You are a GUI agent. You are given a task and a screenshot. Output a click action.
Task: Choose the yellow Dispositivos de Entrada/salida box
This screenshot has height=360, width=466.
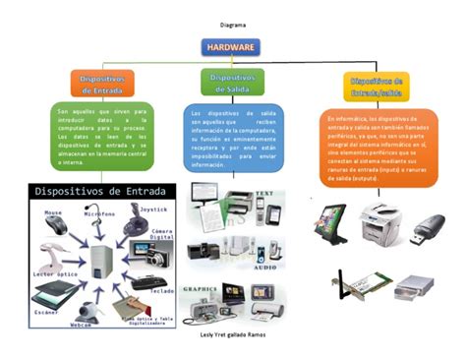coord(375,87)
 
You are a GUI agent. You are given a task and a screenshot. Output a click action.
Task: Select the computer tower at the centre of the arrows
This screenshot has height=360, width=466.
coord(100,261)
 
